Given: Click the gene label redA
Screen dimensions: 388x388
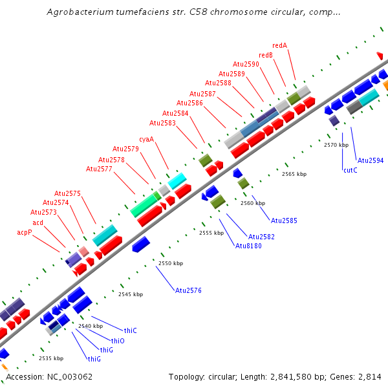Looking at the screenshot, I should point(279,45).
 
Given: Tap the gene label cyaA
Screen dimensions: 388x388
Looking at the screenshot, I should point(147,139).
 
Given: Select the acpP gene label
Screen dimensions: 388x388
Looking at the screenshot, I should point(24,232).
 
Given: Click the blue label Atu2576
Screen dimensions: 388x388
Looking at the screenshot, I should point(188,290).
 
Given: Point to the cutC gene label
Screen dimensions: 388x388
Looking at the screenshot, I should point(350,170).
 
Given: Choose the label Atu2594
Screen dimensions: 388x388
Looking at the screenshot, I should point(371,160).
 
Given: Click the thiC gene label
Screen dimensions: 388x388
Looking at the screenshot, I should point(131,330).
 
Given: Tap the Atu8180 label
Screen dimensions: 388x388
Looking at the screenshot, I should point(248,246).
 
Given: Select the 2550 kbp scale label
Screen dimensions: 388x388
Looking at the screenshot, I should point(171,263).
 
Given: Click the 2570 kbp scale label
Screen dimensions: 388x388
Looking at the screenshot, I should point(336,145).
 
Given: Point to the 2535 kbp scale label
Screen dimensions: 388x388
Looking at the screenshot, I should point(51,358).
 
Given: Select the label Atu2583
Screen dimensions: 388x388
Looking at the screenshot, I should point(162,123).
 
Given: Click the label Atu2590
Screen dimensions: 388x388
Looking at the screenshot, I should point(246,64).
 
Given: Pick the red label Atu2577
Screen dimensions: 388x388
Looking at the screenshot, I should point(99,169).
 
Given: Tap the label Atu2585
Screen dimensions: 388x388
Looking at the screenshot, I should point(284,221).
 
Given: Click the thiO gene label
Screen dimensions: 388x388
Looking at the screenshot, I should point(118,340).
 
